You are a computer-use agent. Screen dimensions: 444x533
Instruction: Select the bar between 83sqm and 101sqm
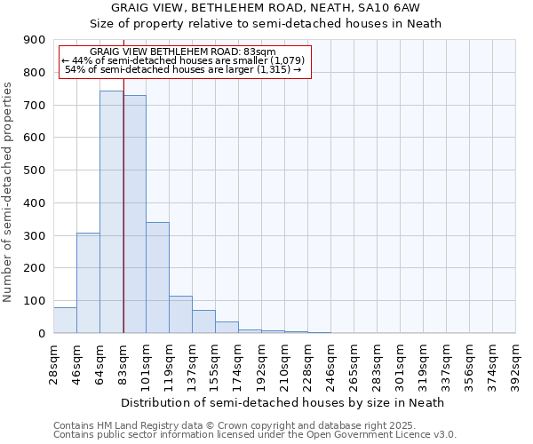(134, 213)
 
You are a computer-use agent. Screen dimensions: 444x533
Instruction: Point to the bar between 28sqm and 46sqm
(65, 320)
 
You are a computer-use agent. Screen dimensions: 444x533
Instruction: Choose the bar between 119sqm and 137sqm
(180, 314)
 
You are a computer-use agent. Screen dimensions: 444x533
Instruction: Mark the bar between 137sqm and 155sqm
(203, 321)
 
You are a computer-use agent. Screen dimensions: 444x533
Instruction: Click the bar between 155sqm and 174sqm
(227, 327)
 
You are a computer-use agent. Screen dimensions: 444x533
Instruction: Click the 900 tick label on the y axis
(35, 40)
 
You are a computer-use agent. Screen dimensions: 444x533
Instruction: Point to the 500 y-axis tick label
(35, 170)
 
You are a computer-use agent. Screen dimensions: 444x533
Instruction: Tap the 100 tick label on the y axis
(35, 300)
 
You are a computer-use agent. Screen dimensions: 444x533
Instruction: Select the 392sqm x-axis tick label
(516, 361)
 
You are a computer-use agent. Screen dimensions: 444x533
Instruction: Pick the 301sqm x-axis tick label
(401, 361)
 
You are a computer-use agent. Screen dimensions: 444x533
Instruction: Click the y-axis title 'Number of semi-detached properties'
(9, 192)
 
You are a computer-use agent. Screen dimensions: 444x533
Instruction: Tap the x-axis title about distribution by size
(284, 402)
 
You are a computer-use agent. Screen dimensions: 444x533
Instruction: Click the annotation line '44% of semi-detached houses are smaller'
(183, 60)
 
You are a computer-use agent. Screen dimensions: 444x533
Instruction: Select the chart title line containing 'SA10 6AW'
(284, 7)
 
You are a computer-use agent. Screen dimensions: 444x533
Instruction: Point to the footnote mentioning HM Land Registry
(254, 425)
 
